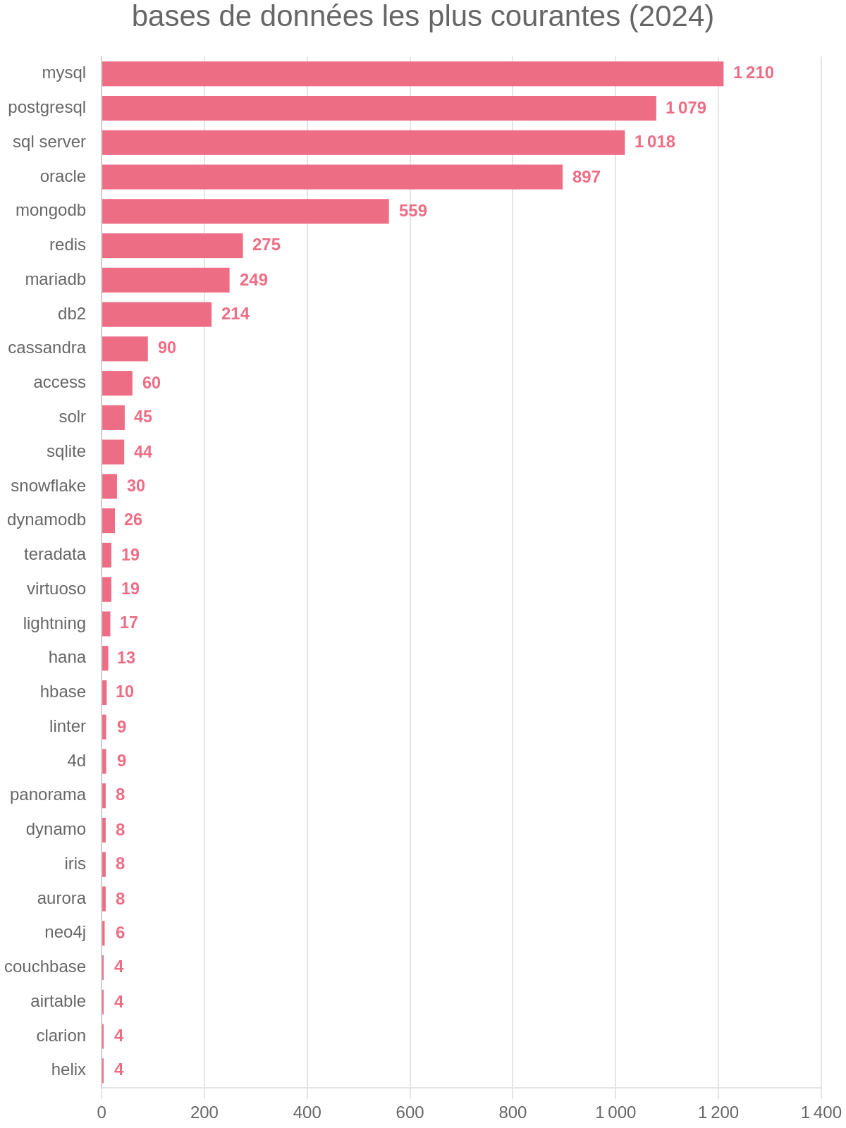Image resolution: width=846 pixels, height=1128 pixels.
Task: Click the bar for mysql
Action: (412, 73)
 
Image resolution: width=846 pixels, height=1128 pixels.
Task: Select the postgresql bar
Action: (379, 108)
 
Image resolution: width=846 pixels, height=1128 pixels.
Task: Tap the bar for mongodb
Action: (245, 211)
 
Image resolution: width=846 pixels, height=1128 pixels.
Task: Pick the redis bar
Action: (172, 245)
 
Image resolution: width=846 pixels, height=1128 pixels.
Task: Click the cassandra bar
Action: (125, 348)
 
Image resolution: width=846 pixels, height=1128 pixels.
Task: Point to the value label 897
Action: (586, 177)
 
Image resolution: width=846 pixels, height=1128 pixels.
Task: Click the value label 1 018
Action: (654, 142)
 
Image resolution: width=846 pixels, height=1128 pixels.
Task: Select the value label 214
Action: (235, 314)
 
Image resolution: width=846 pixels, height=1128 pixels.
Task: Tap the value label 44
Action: (142, 452)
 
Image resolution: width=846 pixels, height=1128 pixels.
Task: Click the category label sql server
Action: (49, 142)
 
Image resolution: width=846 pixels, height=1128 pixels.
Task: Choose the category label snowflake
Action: (48, 486)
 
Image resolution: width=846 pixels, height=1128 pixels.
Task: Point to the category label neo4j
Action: (65, 933)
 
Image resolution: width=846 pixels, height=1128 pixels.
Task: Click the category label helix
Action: (68, 1069)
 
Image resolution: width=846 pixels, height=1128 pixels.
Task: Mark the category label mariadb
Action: (55, 280)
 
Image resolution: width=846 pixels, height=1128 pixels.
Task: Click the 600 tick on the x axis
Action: (410, 1113)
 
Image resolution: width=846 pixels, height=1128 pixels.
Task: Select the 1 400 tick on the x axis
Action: (821, 1113)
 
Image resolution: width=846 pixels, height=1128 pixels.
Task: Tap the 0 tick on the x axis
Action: (102, 1113)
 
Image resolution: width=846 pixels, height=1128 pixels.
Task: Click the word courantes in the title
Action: (560, 17)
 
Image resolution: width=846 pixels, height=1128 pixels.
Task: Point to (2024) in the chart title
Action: (671, 17)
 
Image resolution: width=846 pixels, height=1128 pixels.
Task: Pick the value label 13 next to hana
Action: (125, 658)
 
